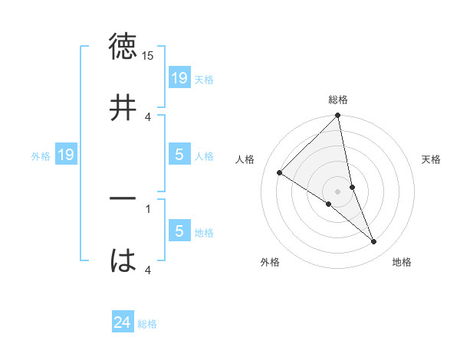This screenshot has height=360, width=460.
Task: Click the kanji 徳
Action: coord(123,47)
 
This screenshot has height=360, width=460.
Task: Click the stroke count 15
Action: coord(148,57)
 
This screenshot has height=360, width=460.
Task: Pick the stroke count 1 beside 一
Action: coord(148,208)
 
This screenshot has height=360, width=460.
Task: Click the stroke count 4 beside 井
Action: coord(148,116)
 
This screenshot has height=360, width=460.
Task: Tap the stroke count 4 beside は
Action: coord(148,270)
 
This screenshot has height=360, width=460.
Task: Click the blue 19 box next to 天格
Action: coord(179,77)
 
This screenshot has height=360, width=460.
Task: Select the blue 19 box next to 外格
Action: coord(65,155)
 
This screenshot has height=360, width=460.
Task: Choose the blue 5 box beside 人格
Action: coord(179,155)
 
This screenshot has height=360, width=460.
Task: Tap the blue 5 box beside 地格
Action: coord(179,231)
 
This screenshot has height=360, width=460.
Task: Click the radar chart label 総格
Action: coord(338,100)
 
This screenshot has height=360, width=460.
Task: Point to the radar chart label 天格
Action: coord(432,159)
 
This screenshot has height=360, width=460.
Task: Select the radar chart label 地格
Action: coord(402,262)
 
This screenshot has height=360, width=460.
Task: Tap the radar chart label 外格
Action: coord(270,262)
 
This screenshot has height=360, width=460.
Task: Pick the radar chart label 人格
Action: coord(245,159)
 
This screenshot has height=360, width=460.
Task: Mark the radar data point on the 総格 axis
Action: coord(338,116)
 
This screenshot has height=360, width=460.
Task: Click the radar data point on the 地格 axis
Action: coord(374,242)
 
